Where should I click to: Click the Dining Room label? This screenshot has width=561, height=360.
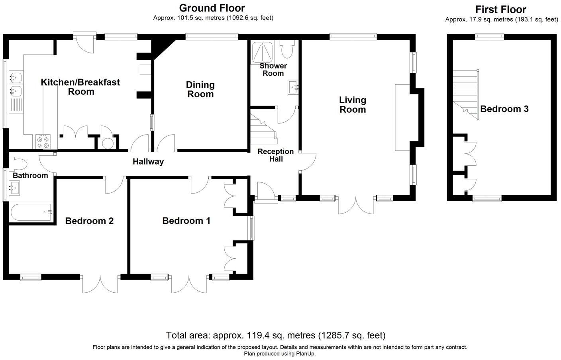(200, 89)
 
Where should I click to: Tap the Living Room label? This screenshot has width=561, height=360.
(353, 105)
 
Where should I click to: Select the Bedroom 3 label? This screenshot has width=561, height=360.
(504, 109)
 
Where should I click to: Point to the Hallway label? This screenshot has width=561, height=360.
(148, 162)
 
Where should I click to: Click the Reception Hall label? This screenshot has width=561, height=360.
(276, 155)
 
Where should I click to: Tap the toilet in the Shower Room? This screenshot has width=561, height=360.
(286, 49)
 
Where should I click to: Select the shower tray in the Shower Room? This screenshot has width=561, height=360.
(262, 52)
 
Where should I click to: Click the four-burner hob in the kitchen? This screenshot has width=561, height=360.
(43, 142)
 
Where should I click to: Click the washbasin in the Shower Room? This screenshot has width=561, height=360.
(293, 87)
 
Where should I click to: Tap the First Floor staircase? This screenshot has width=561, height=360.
(466, 95)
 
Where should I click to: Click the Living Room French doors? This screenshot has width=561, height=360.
(356, 205)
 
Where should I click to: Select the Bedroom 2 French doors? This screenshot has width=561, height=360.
(100, 284)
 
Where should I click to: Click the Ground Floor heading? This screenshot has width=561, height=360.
(212, 8)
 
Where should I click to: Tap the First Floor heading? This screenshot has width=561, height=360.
(501, 10)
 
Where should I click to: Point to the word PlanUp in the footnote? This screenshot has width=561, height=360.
(306, 354)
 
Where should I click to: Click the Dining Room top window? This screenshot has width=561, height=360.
(212, 37)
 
